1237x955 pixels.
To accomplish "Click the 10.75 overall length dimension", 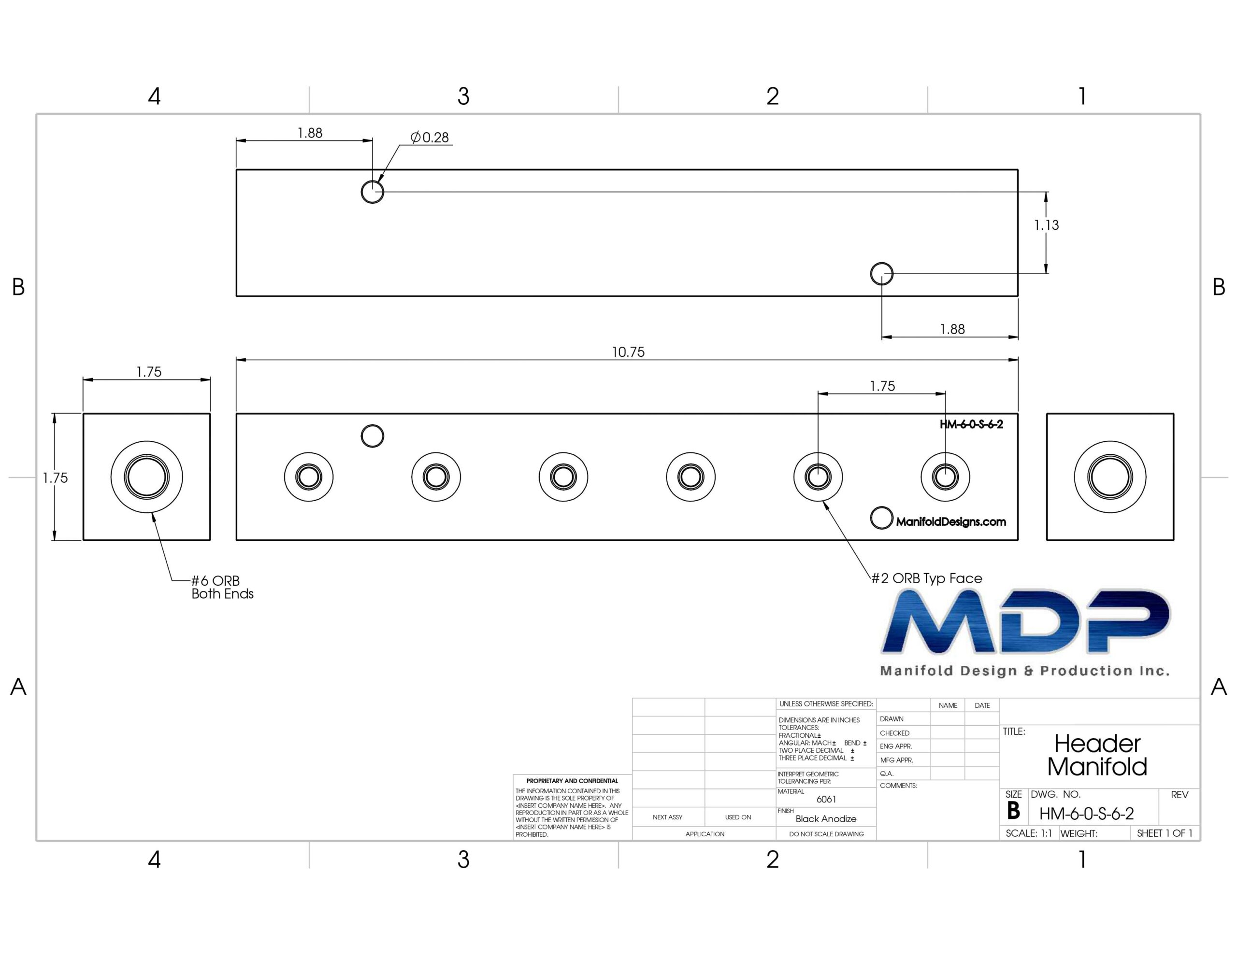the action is pos(628,352).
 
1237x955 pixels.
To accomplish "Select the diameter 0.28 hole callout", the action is pos(430,138).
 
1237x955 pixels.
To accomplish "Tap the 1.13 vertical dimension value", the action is pos(1046,225).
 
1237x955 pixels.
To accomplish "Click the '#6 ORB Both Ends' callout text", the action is pos(222,587).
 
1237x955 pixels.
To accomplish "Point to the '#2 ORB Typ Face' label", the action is pos(927,578).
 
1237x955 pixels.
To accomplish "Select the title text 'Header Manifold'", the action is pos(1097,755).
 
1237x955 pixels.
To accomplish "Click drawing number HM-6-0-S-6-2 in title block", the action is pos(1086,814).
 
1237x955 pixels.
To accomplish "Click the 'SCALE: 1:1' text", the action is pos(1029,833).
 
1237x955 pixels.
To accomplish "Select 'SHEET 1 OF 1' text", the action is pos(1165,833).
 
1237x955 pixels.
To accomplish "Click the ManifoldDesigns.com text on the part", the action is pos(951,522).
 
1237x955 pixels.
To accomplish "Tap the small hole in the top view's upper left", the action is pos(372,192).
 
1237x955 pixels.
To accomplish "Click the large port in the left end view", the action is pos(147,477).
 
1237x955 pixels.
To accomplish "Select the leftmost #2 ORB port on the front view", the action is pos(309,477).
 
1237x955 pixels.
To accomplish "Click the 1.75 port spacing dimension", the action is pos(882,387).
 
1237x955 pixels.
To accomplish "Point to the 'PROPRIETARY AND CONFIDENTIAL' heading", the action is pos(572,781).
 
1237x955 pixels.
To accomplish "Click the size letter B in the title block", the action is pos(1013,811).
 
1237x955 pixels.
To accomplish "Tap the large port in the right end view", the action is pos(1110,477).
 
